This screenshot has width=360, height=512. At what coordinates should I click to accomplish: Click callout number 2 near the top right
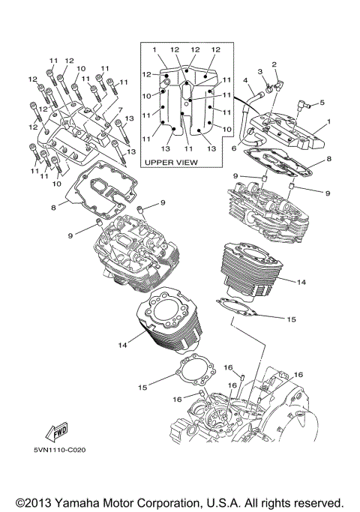pyautogui.click(x=274, y=64)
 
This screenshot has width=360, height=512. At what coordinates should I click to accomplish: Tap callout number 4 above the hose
pyautogui.click(x=245, y=80)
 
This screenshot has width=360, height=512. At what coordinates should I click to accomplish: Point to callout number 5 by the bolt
pyautogui.click(x=322, y=103)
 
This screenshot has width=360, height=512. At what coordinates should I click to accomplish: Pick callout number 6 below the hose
pyautogui.click(x=234, y=149)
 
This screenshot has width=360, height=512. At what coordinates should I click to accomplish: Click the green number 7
pyautogui.click(x=118, y=109)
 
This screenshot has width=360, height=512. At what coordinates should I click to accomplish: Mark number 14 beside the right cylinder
pyautogui.click(x=301, y=283)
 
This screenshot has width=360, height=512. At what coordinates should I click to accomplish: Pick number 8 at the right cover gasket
pyautogui.click(x=328, y=160)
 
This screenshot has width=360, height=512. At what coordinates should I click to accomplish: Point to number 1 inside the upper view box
pyautogui.click(x=154, y=49)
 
